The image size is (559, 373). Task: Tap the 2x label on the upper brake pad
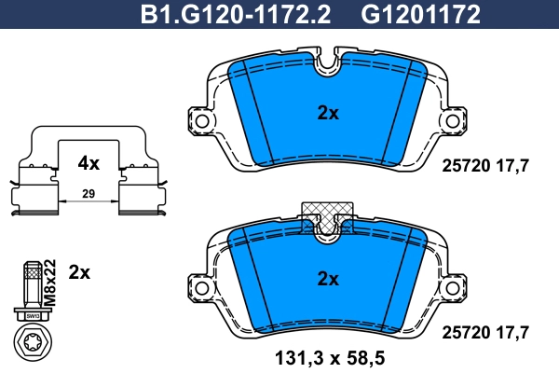pyautogui.click(x=327, y=113)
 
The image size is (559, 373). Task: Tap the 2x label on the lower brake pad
pyautogui.click(x=327, y=278)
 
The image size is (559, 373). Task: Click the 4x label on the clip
pyautogui.click(x=89, y=163)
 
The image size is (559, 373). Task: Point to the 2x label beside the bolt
pyautogui.click(x=80, y=272)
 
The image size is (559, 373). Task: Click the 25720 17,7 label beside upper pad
pyautogui.click(x=484, y=164)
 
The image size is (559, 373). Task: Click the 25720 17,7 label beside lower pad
pyautogui.click(x=484, y=331)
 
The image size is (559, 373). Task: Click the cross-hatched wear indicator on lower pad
pyautogui.click(x=327, y=211)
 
